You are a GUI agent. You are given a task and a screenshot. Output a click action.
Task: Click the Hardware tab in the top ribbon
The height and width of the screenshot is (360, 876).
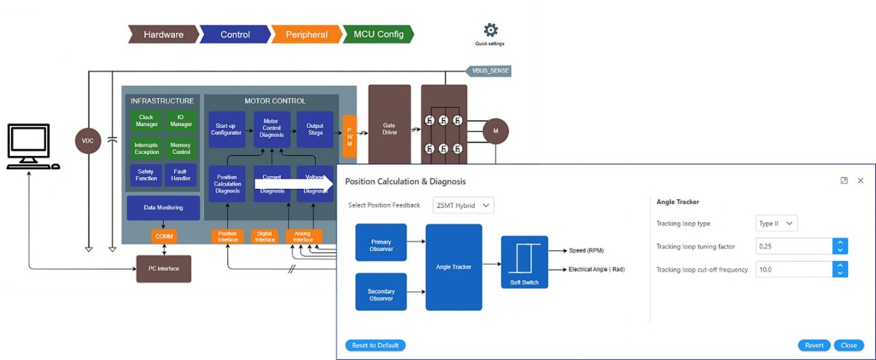(163, 34)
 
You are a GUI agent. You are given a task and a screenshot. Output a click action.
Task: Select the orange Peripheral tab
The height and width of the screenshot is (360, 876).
(306, 34)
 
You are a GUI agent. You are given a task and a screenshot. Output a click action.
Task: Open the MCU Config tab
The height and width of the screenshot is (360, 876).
(378, 34)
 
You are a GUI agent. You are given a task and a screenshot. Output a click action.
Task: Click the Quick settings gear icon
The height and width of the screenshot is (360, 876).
(490, 30)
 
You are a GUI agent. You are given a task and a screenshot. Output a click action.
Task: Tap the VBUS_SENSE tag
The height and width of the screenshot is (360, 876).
(489, 70)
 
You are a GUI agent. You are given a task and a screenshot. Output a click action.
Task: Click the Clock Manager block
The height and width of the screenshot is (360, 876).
(146, 120)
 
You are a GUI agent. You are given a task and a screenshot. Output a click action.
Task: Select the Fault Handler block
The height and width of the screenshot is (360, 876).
(181, 175)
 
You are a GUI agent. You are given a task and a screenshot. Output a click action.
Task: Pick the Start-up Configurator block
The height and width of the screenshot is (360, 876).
(227, 129)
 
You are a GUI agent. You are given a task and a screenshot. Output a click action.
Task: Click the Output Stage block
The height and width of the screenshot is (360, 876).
(315, 129)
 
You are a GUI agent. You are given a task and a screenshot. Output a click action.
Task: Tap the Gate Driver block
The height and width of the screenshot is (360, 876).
(389, 129)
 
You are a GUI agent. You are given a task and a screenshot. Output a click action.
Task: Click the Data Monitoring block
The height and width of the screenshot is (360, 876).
(163, 207)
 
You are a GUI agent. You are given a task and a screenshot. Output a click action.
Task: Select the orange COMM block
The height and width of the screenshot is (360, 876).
(164, 236)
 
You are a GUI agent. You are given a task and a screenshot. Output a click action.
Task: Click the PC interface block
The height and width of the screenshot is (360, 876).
(164, 268)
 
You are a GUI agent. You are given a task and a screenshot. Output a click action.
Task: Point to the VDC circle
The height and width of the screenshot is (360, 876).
(88, 141)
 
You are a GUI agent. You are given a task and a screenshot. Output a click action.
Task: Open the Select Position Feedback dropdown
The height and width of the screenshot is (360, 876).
(463, 205)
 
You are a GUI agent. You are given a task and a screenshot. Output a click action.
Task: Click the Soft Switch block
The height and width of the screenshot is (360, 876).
(524, 262)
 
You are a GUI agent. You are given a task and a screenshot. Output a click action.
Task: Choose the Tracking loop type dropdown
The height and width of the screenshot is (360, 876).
(777, 223)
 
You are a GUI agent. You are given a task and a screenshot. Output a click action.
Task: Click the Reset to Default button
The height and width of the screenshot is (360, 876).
(375, 345)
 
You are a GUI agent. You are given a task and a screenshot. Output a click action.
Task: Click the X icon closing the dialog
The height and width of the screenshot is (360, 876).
(861, 181)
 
